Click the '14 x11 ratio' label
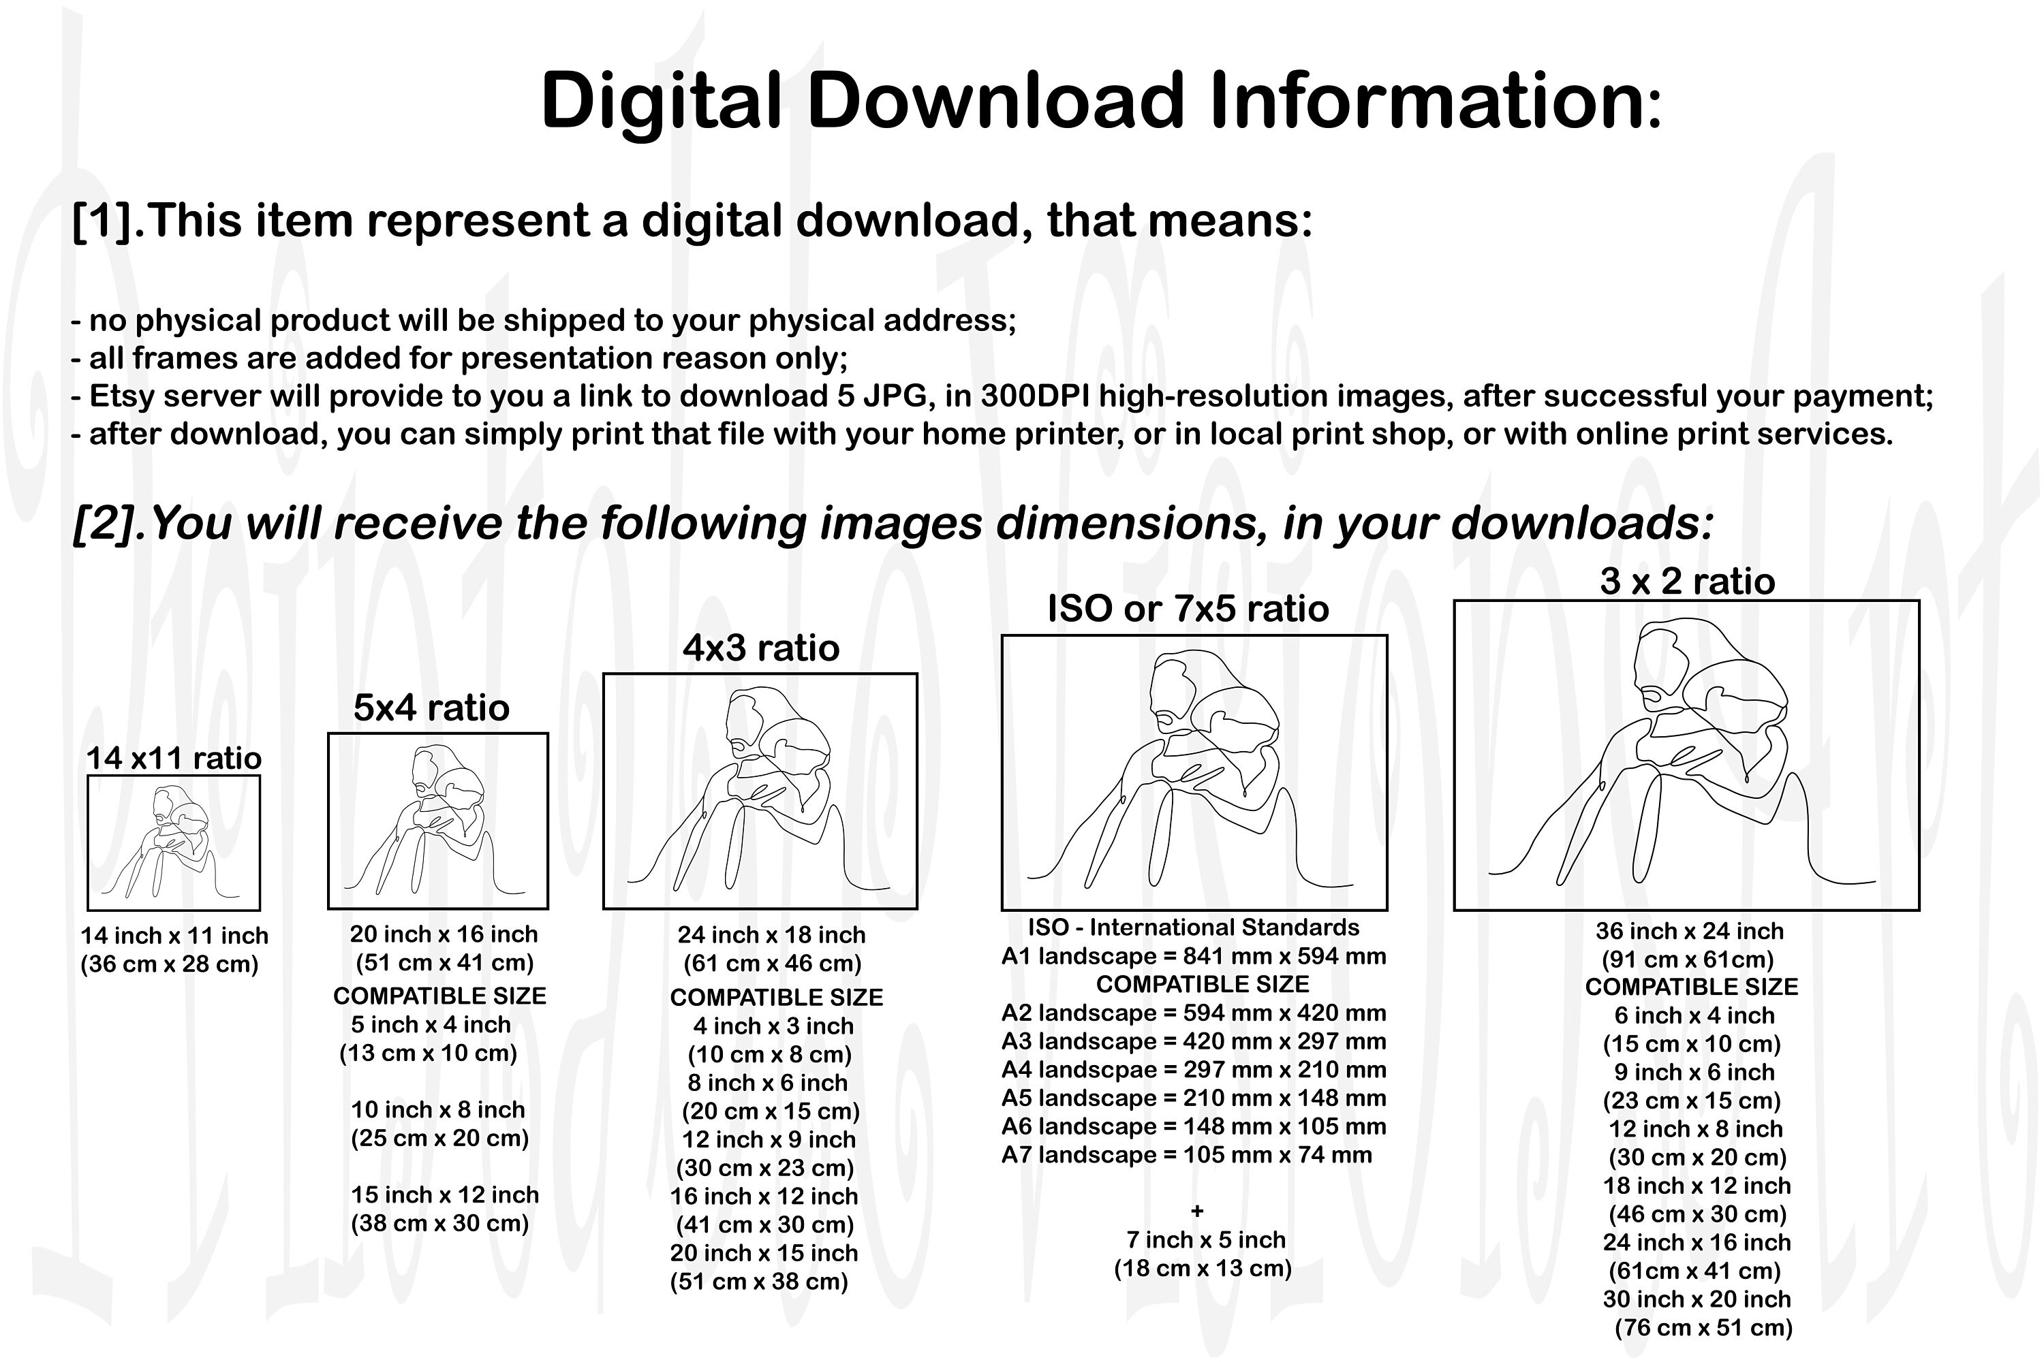point(174,759)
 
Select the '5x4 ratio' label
point(431,708)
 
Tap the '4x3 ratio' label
point(761,648)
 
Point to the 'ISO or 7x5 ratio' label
point(1188,608)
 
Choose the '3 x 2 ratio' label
point(1687,581)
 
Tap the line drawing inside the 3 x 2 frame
point(1682,751)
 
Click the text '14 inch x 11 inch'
point(174,936)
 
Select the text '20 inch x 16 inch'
point(444,934)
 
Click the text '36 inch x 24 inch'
point(1690,931)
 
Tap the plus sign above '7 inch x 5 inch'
point(1196,1211)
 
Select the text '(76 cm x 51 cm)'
point(1703,1327)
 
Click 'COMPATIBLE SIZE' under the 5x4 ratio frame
point(439,996)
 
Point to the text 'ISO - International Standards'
point(1193,927)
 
